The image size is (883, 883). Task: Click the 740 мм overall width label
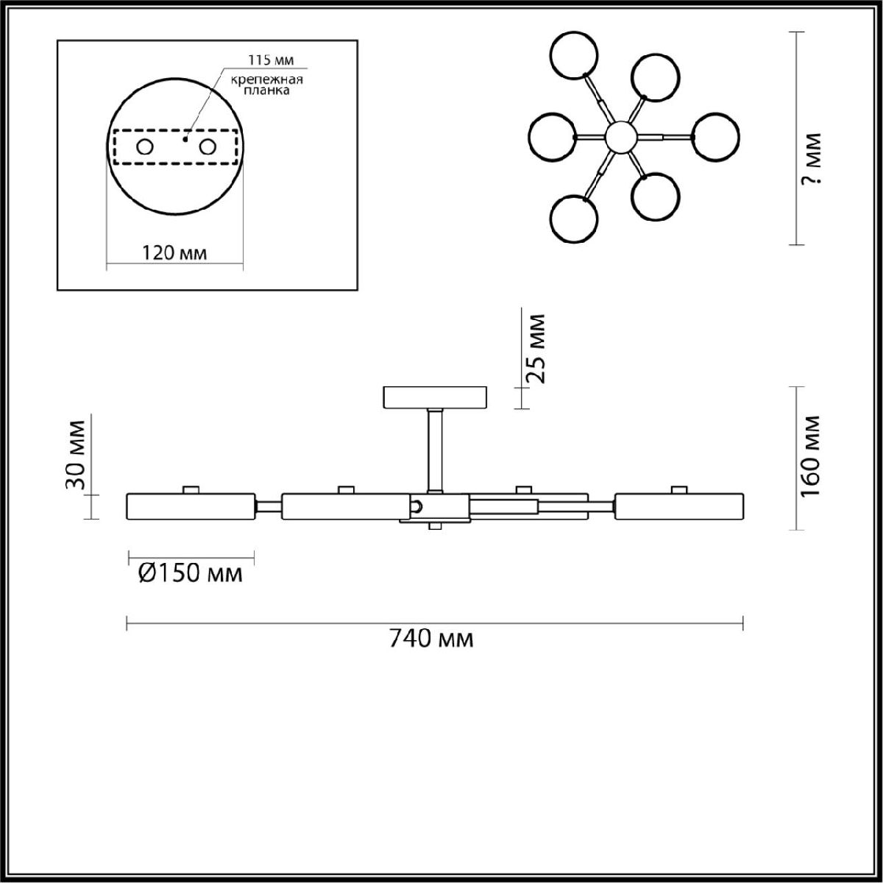(431, 638)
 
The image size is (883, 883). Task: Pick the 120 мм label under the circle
(174, 252)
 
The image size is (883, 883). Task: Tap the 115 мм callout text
(271, 60)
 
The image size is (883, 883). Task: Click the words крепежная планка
(266, 85)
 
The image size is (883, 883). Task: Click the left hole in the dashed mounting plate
(145, 147)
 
